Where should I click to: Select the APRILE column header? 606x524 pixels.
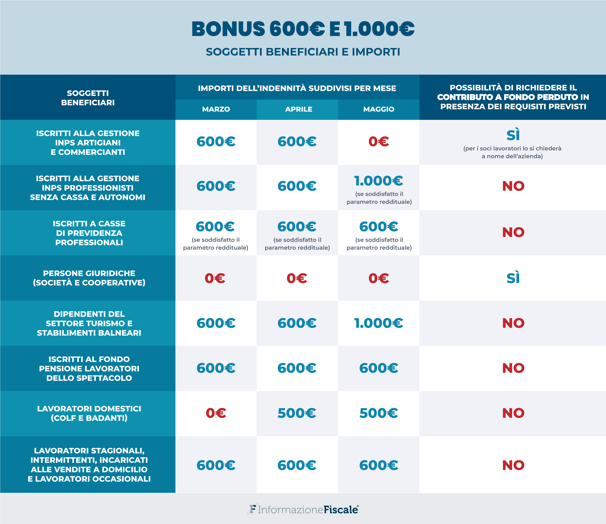[299, 109]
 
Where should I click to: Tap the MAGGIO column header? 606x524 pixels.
[379, 109]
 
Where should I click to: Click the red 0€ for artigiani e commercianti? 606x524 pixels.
[379, 142]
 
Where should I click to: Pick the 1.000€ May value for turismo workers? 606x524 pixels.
[379, 323]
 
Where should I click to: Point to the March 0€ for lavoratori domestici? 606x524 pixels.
[216, 413]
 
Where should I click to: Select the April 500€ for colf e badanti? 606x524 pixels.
[297, 413]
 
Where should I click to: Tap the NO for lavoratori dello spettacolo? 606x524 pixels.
[513, 368]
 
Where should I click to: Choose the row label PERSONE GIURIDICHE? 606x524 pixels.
[89, 273]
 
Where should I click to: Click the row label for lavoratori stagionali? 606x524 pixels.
[89, 465]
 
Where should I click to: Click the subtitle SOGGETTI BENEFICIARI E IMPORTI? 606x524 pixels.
[303, 52]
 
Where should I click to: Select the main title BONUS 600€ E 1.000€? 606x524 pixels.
[303, 29]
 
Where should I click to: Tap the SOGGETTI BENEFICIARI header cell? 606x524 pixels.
[88, 98]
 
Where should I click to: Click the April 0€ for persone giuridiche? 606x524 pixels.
[297, 278]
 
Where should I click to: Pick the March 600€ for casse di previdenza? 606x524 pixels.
[215, 227]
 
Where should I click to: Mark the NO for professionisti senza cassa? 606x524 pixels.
[513, 186]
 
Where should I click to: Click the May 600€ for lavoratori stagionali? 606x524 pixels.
[379, 465]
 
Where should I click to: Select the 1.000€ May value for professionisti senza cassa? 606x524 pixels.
[379, 181]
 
